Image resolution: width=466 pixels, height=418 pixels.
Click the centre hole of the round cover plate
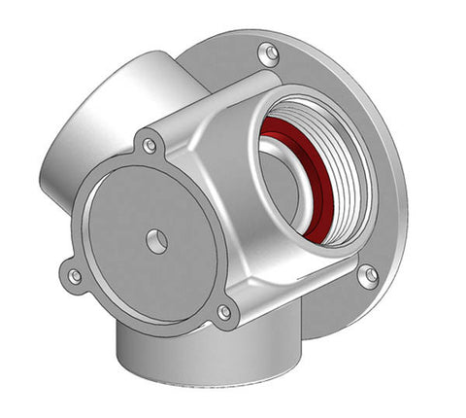click(x=156, y=238)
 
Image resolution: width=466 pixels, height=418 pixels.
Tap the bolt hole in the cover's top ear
click(x=150, y=146)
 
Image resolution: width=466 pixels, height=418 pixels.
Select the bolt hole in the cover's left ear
click(x=75, y=276)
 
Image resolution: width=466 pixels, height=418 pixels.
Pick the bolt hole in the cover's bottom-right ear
click(x=224, y=312)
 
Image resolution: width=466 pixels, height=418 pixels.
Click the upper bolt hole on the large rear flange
click(x=270, y=52)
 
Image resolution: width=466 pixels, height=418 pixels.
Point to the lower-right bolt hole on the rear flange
click(x=367, y=276)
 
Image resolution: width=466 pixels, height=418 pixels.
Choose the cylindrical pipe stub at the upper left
click(x=97, y=126)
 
